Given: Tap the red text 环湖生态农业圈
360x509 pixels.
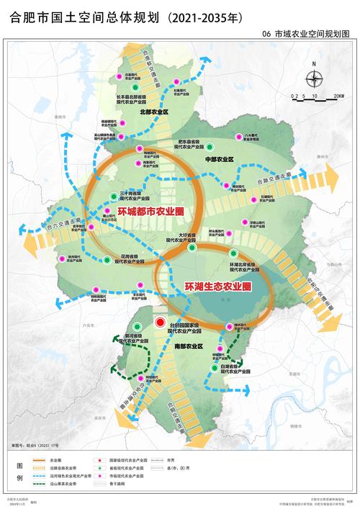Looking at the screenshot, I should click(x=217, y=287).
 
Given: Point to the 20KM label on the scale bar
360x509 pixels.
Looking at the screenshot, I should click(x=338, y=95).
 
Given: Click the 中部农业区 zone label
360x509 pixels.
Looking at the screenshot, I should click(x=220, y=158).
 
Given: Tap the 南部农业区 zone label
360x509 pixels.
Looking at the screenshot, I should click(x=189, y=347).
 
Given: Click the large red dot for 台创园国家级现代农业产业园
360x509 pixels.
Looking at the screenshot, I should click(x=161, y=323).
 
